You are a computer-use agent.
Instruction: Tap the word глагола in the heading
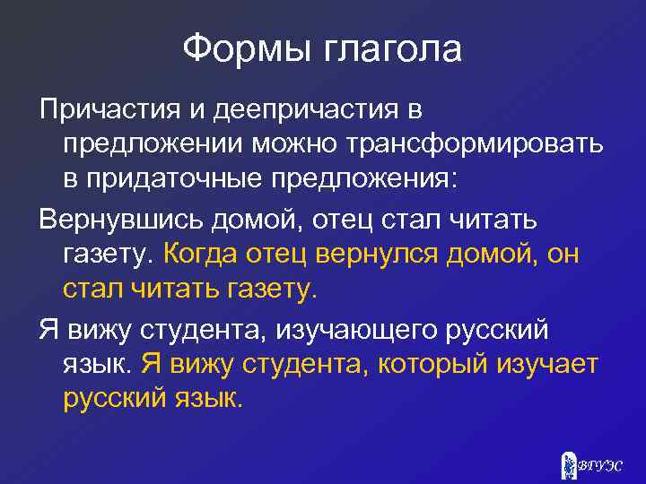(x=388, y=49)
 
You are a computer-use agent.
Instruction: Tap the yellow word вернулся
(x=394, y=254)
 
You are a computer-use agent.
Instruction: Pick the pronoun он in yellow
(x=560, y=254)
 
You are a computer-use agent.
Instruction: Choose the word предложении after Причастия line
(x=157, y=144)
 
